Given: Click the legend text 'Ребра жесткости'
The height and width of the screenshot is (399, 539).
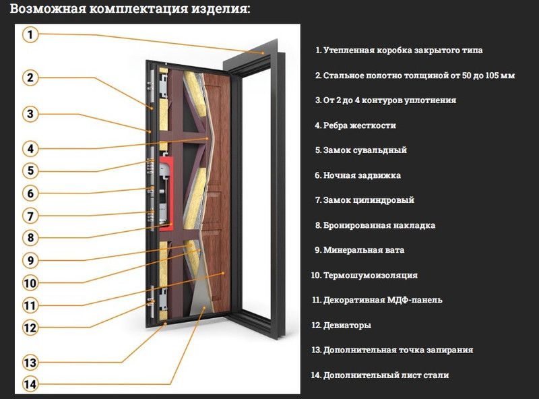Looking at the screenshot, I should click(355, 125).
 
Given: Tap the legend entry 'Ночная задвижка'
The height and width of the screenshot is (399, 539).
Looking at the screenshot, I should click(358, 175).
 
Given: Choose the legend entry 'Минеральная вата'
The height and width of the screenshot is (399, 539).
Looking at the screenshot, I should click(360, 250).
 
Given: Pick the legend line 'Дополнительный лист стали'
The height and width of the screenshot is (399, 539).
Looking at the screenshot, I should click(380, 375).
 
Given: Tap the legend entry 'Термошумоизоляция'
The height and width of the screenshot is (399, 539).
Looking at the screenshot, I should click(364, 275).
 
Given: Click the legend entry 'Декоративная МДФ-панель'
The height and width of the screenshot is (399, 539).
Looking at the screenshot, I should click(377, 300).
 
